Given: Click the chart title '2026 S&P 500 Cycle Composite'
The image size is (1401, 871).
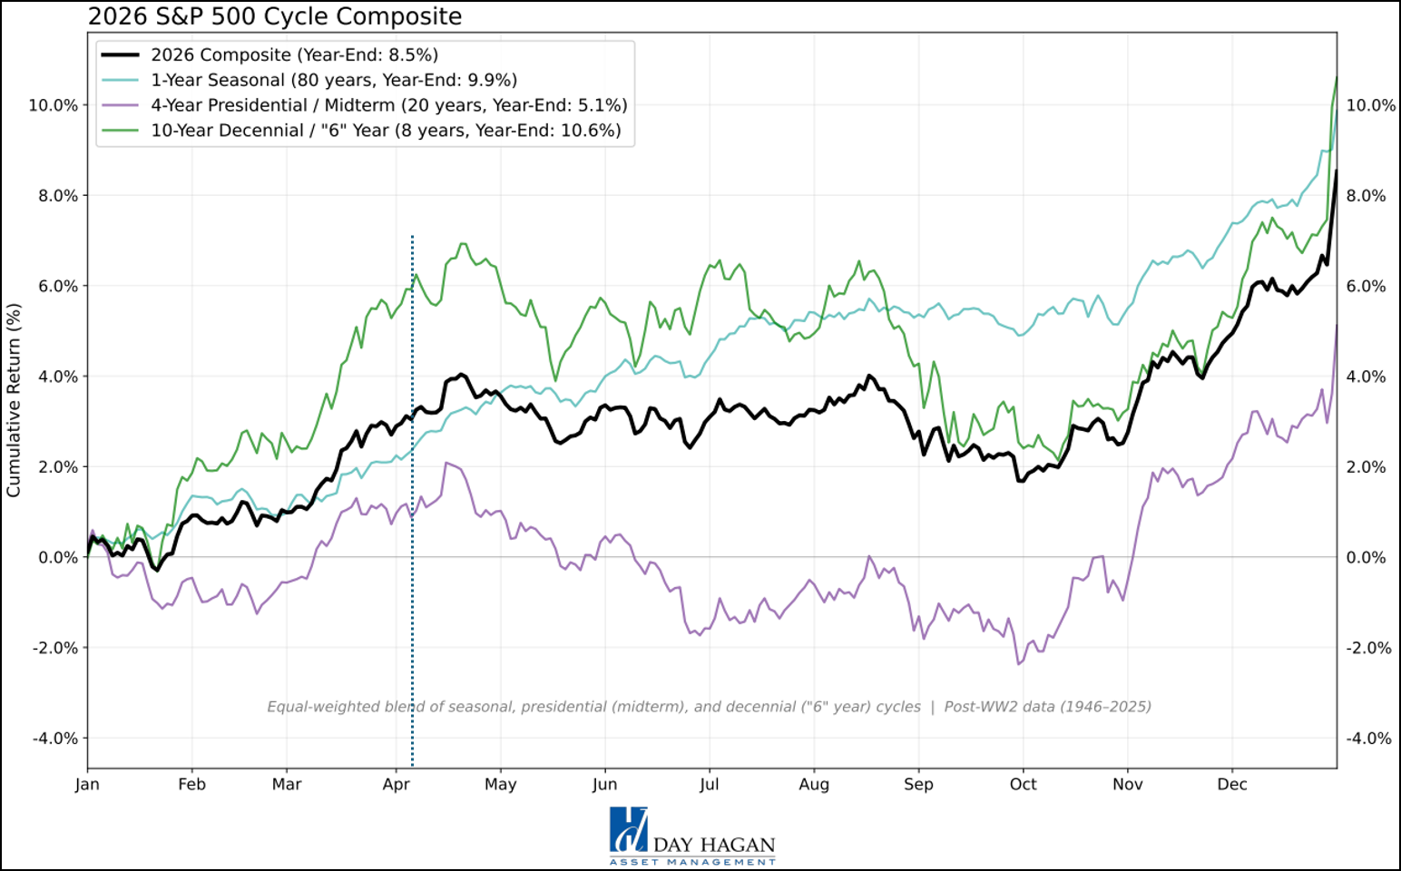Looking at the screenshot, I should click(274, 16).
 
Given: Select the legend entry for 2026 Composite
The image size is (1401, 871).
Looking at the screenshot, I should click(294, 55).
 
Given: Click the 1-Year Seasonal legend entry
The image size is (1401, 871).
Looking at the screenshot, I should click(333, 80).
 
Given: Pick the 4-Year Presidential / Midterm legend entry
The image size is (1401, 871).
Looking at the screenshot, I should click(388, 105).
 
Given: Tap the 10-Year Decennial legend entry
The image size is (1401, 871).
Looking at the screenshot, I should click(386, 131).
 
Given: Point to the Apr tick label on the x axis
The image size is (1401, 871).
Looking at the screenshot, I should click(396, 785).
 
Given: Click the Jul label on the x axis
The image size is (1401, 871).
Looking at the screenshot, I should click(709, 785).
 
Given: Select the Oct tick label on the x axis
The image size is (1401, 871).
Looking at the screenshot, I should click(1023, 785).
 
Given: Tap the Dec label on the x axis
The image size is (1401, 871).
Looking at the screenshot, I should click(1231, 785).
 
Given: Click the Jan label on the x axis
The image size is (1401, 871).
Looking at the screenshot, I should click(87, 785).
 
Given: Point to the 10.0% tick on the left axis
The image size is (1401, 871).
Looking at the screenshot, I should click(53, 105).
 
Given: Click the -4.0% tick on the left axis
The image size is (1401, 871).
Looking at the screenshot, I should click(54, 739).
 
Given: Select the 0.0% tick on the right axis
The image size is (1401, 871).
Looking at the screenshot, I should click(1366, 558).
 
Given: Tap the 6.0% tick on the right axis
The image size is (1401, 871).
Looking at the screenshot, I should click(1366, 287).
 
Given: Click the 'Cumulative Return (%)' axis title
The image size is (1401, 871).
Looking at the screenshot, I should click(14, 400).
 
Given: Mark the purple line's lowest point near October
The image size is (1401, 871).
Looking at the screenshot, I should click(1019, 664).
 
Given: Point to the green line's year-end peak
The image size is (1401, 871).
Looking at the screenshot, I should click(1337, 77).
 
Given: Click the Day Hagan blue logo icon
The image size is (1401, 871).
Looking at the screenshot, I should click(628, 828).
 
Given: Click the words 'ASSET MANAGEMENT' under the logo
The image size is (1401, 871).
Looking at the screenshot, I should click(692, 862).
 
